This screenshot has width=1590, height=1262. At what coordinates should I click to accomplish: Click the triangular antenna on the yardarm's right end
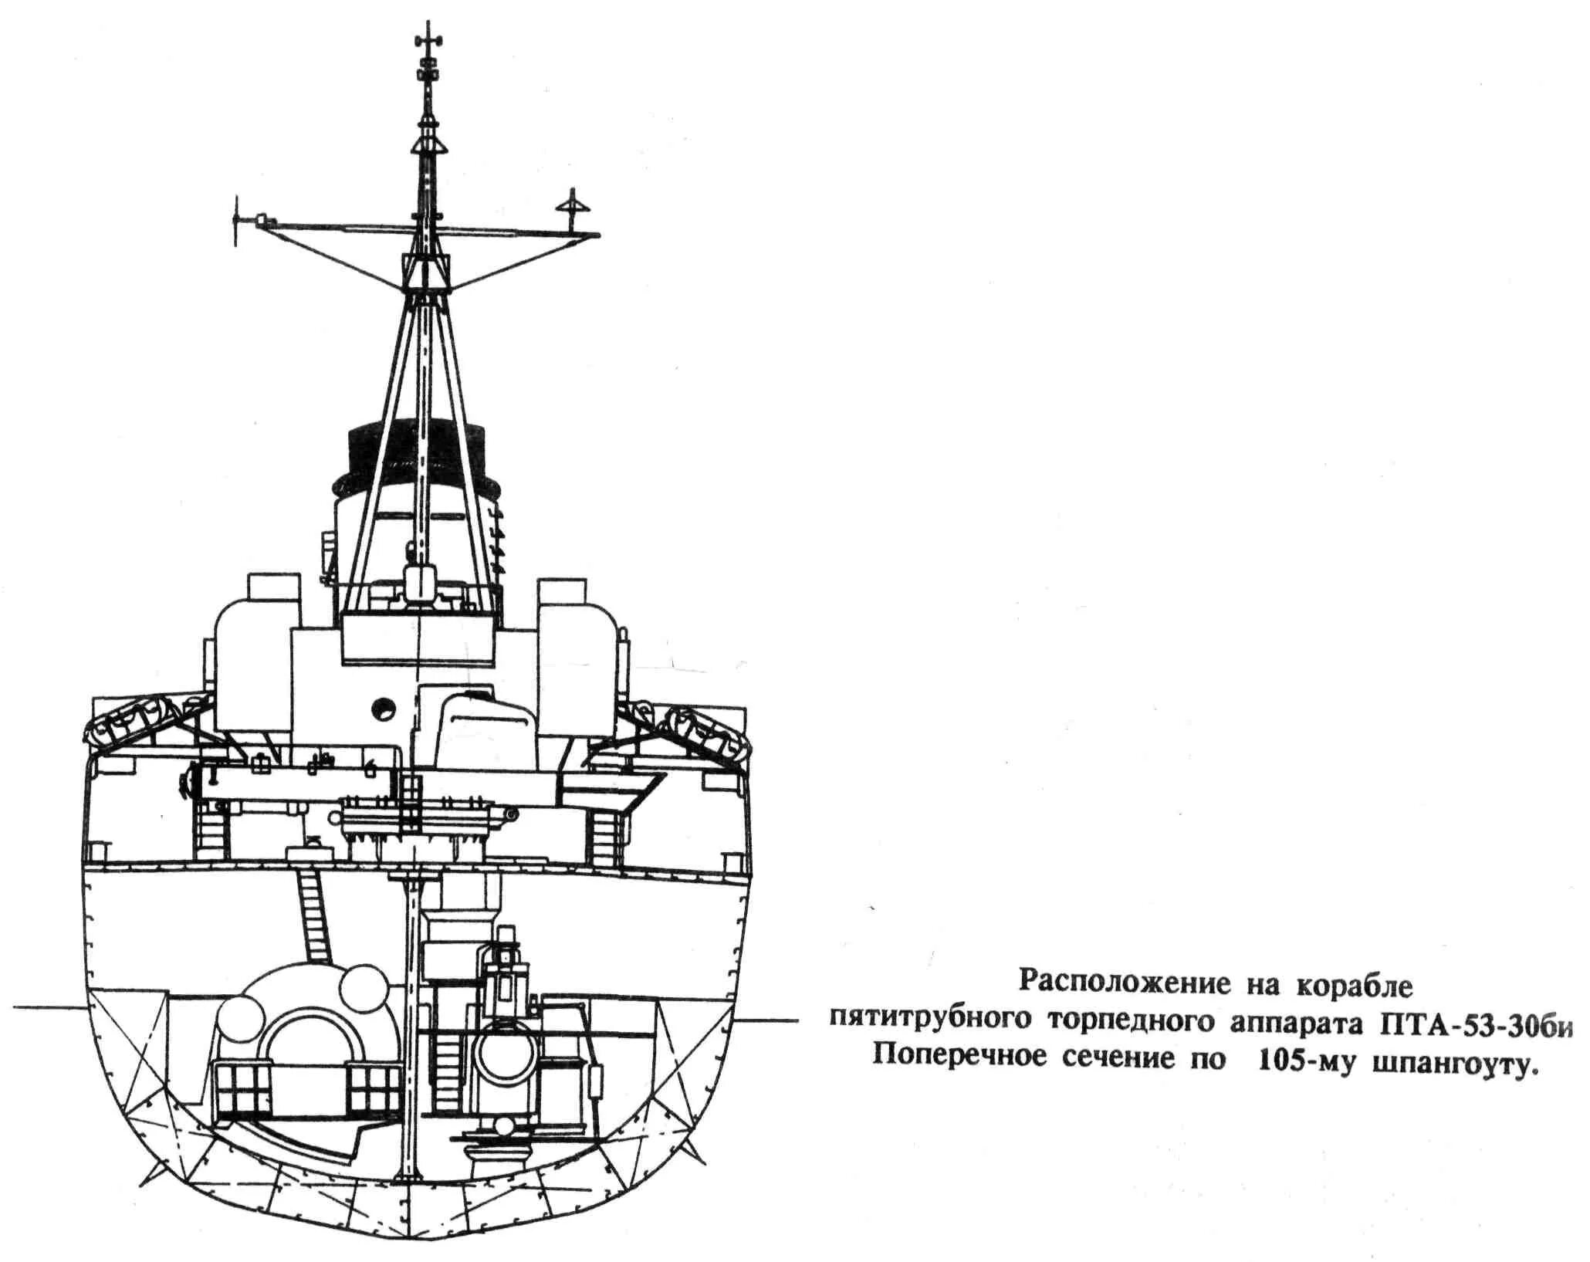tap(573, 205)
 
